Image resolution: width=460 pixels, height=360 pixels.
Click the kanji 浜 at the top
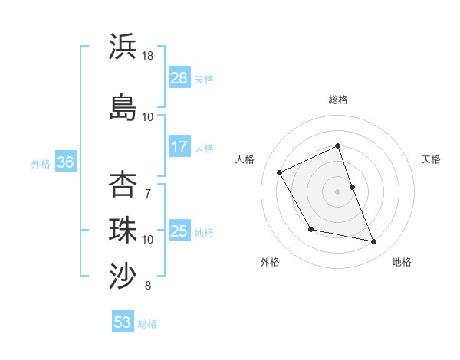(123, 47)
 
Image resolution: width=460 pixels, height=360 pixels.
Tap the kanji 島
(123, 106)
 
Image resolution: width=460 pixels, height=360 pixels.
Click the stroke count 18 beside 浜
(148, 56)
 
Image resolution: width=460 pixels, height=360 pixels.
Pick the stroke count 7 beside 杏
(148, 193)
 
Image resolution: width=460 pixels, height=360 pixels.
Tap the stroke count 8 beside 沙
(148, 286)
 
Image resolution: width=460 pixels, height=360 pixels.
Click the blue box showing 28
(179, 78)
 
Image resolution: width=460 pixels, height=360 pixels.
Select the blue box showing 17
(179, 146)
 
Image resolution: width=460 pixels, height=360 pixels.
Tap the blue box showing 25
(179, 231)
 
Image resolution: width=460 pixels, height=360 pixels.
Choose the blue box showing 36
(66, 162)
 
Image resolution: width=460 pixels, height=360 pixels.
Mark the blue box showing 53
(123, 322)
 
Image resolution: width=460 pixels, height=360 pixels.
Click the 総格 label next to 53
(148, 324)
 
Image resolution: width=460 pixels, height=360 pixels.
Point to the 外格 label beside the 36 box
(41, 163)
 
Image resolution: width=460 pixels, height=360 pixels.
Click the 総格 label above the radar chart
(338, 100)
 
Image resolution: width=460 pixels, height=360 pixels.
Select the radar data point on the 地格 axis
(374, 242)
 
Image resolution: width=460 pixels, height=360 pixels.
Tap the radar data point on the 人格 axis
(280, 172)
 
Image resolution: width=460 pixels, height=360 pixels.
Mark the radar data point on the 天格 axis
(352, 186)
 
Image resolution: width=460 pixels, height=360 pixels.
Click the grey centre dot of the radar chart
(338, 191)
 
